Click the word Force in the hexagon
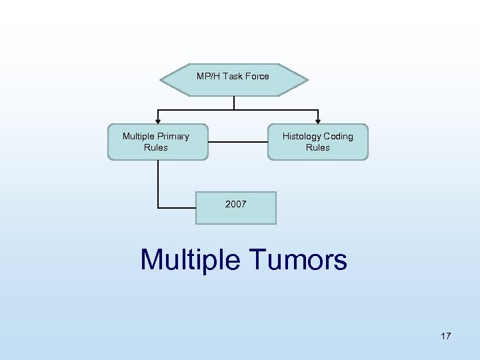[x=257, y=76]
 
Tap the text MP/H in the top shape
[x=208, y=76]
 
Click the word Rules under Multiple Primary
[x=156, y=147]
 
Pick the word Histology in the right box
[x=301, y=136]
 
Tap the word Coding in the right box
[x=338, y=136]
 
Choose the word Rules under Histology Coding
[x=318, y=147]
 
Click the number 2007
[x=235, y=204]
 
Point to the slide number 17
[x=445, y=336]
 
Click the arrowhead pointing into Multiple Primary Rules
[x=158, y=121]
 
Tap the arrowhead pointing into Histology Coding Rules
[x=318, y=121]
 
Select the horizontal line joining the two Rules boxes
[x=237, y=141]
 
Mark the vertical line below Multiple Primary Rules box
[x=158, y=183]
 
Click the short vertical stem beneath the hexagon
[x=234, y=103]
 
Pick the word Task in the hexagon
[x=233, y=76]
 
